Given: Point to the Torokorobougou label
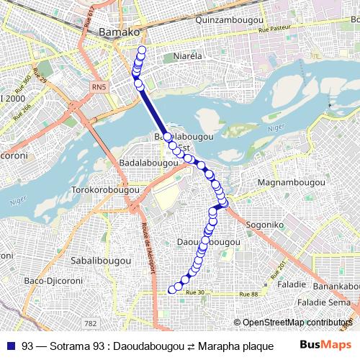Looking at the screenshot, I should pyautogui.click(x=105, y=191).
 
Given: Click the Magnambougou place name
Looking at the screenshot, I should pyautogui.click(x=287, y=182).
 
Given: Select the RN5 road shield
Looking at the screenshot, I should pyautogui.click(x=99, y=87).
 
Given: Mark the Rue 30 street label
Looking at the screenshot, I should pyautogui.click(x=196, y=292).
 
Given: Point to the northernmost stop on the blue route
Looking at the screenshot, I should pyautogui.click(x=142, y=50).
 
